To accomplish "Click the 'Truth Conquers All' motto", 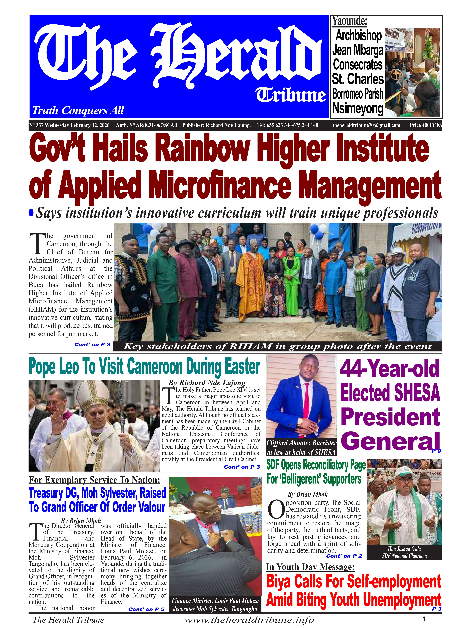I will [x=78, y=110].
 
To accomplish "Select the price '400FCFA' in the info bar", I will [x=426, y=125].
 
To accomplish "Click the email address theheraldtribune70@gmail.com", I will [x=366, y=125].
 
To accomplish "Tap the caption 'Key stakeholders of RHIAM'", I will [x=277, y=346].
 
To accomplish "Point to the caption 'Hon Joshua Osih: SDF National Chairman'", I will [x=404, y=552].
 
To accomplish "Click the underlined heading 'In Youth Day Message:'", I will [x=310, y=567].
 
